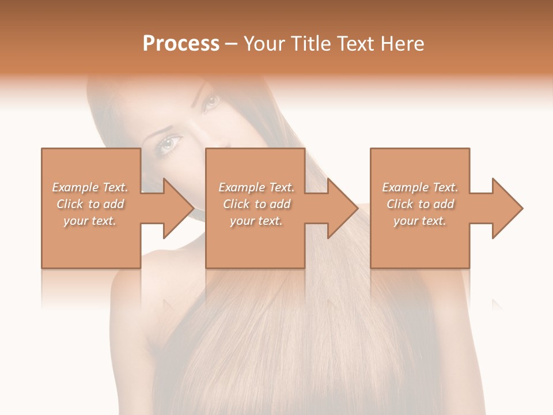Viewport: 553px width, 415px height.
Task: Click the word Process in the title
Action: coord(181,44)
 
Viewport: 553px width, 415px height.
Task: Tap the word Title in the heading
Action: coord(310,44)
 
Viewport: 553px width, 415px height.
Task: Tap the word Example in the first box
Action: coord(75,187)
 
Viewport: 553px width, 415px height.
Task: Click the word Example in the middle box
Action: coord(241,187)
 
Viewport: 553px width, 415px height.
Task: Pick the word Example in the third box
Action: coord(405,187)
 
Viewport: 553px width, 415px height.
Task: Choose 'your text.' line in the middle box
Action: coord(256,221)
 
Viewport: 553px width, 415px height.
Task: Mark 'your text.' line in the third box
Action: coord(420,221)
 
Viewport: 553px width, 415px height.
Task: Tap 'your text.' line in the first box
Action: coord(90,221)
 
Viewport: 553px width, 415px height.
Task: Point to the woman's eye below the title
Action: coord(210,103)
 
